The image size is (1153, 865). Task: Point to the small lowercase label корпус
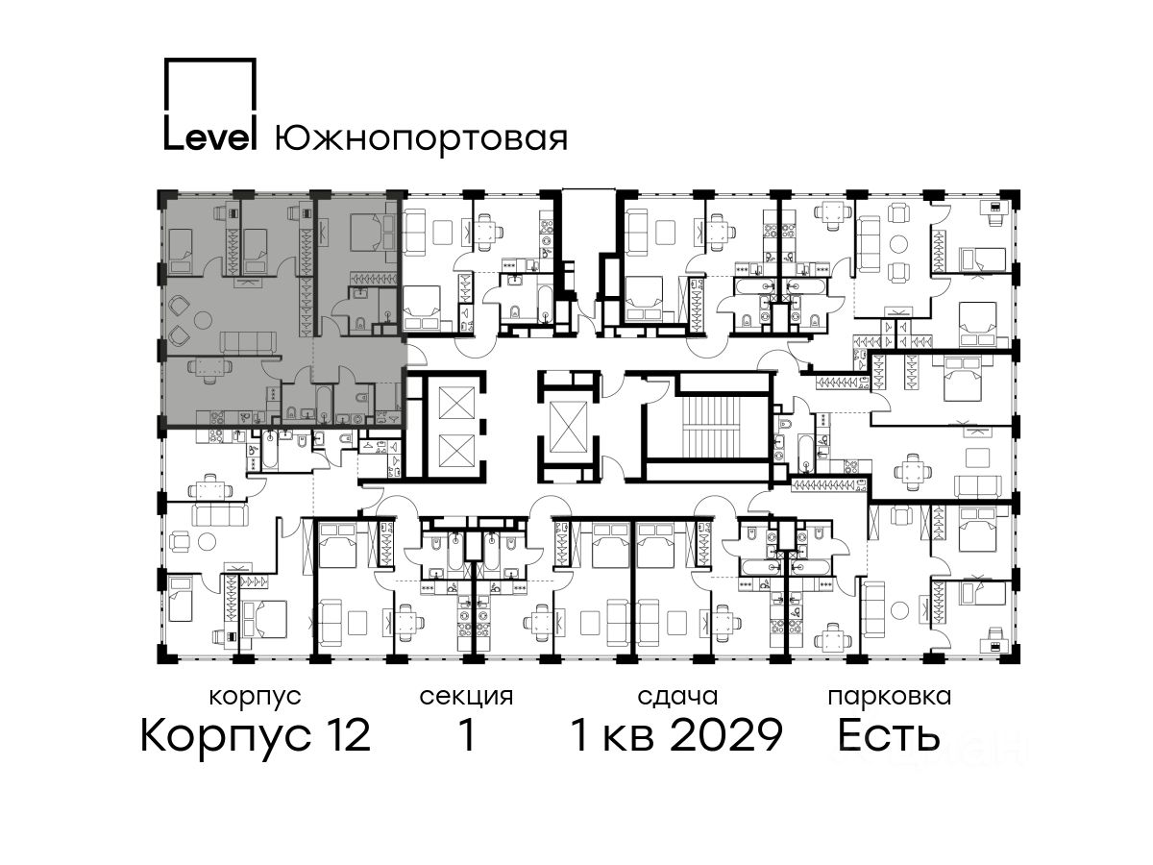click(x=256, y=698)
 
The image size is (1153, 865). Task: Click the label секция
click(x=466, y=697)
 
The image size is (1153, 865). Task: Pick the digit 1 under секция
click(x=467, y=734)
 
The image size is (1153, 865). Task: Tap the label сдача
click(x=677, y=697)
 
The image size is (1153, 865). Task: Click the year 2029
click(x=727, y=734)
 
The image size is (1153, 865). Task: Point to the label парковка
click(x=890, y=697)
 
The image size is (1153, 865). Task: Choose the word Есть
click(x=888, y=734)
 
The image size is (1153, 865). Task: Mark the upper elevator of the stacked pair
click(x=456, y=403)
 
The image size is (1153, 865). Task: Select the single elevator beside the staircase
click(x=568, y=426)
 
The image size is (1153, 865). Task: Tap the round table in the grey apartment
click(x=203, y=319)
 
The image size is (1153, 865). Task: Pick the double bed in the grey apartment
click(x=367, y=233)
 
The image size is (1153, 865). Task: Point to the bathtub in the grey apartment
click(x=324, y=405)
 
